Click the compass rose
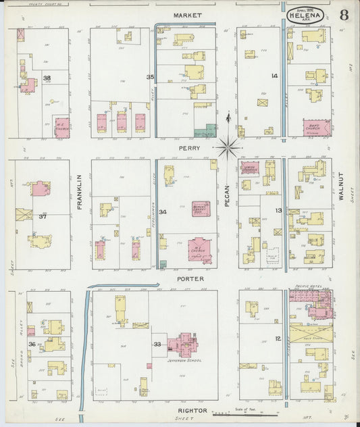coord(229,145)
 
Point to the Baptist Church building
coord(316,128)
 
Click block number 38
coord(47,78)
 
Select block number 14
coord(274,76)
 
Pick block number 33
coord(157,345)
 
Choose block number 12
coord(277,338)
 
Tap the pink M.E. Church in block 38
coord(61,126)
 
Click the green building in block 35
coord(205,132)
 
